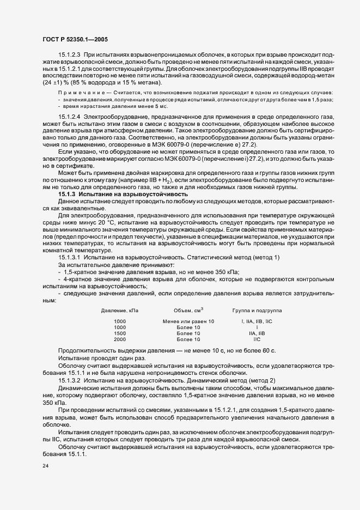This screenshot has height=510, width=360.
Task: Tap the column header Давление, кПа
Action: (120, 310)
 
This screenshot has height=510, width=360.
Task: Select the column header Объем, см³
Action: (188, 310)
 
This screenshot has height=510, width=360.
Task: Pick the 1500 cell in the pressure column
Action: (119, 333)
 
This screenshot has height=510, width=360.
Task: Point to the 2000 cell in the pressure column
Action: (119, 339)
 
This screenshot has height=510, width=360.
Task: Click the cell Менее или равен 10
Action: (188, 321)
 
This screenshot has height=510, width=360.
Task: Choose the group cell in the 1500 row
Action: (257, 333)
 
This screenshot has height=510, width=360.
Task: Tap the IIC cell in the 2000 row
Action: (257, 339)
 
